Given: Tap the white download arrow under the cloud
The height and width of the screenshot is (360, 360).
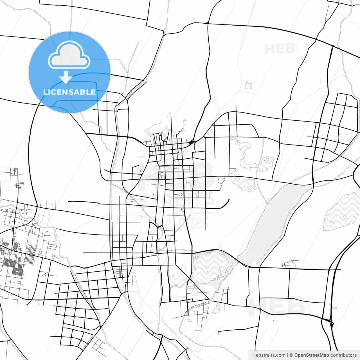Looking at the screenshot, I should click(66, 77).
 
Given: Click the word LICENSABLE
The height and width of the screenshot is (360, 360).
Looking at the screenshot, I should click(69, 92).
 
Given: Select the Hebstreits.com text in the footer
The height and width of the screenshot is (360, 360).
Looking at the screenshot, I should click(269, 355).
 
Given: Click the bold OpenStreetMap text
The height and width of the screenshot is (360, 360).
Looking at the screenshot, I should click(312, 355).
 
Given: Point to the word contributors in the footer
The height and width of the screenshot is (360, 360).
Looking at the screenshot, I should click(343, 355).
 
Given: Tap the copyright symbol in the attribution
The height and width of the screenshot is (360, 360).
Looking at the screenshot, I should click(291, 355).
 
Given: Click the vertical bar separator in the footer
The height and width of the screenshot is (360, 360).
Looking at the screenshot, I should click(287, 355).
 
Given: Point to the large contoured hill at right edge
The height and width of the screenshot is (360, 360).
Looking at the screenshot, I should click(343, 211).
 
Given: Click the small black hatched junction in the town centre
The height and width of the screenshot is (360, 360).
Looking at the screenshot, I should click(192, 142).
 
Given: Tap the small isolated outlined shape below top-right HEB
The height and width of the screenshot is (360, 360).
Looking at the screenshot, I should click(248, 85).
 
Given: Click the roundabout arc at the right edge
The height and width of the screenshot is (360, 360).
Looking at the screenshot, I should click(357, 176).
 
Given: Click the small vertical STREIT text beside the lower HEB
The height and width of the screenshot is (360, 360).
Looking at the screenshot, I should click(310, 304).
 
